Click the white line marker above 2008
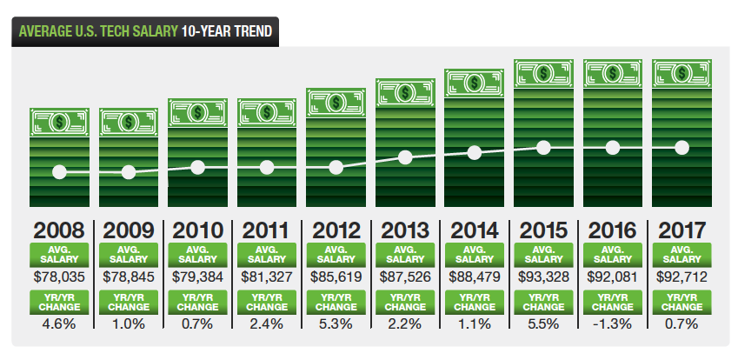pyautogui.click(x=59, y=171)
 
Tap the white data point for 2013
pyautogui.click(x=405, y=157)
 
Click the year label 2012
pyautogui.click(x=336, y=231)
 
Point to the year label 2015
pyautogui.click(x=543, y=231)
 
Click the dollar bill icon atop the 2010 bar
pyautogui.click(x=197, y=111)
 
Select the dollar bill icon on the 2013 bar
pyautogui.click(x=405, y=92)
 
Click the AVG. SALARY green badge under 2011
pyautogui.click(x=267, y=254)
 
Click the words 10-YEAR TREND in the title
pyautogui.click(x=226, y=32)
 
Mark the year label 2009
pyautogui.click(x=129, y=231)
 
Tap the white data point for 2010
pyautogui.click(x=197, y=167)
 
